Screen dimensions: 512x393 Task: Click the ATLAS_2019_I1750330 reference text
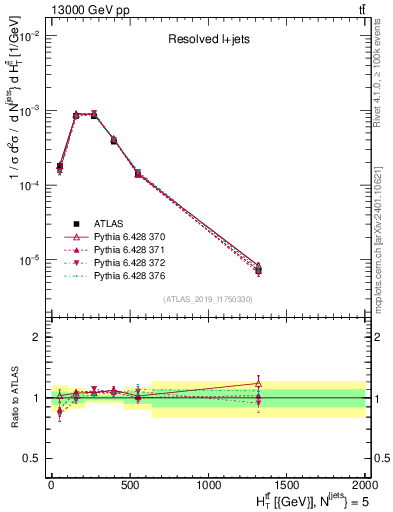click(207, 299)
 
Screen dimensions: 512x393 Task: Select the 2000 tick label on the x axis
click(365, 485)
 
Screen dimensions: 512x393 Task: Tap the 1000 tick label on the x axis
click(208, 485)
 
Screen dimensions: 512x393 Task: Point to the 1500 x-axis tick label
click(287, 485)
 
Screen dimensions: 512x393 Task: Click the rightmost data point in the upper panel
click(258, 269)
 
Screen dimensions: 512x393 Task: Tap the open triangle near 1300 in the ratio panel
click(258, 383)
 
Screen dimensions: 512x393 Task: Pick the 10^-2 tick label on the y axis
click(28, 35)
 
